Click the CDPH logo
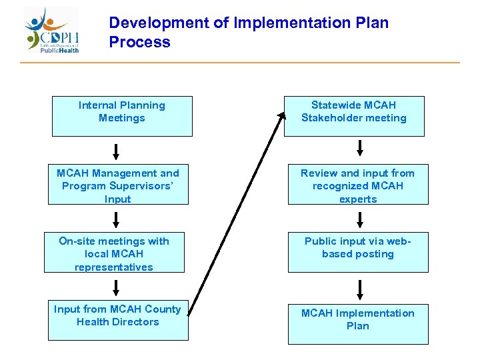(x=52, y=31)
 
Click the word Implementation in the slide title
(x=290, y=23)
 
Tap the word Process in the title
(x=139, y=43)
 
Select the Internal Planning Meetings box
(x=122, y=116)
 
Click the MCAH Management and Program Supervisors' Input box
(x=118, y=185)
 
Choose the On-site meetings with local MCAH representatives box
(x=114, y=253)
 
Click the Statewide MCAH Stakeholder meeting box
(x=353, y=116)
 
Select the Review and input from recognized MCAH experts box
(x=357, y=185)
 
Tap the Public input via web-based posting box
(x=357, y=253)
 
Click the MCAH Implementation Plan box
(x=357, y=323)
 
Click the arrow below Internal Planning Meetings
(x=117, y=151)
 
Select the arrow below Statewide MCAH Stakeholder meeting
(x=360, y=147)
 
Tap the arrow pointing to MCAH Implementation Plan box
(x=360, y=289)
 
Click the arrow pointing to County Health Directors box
(x=117, y=287)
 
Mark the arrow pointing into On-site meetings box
(x=117, y=219)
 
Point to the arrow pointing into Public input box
(x=360, y=219)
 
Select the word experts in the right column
(x=358, y=199)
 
